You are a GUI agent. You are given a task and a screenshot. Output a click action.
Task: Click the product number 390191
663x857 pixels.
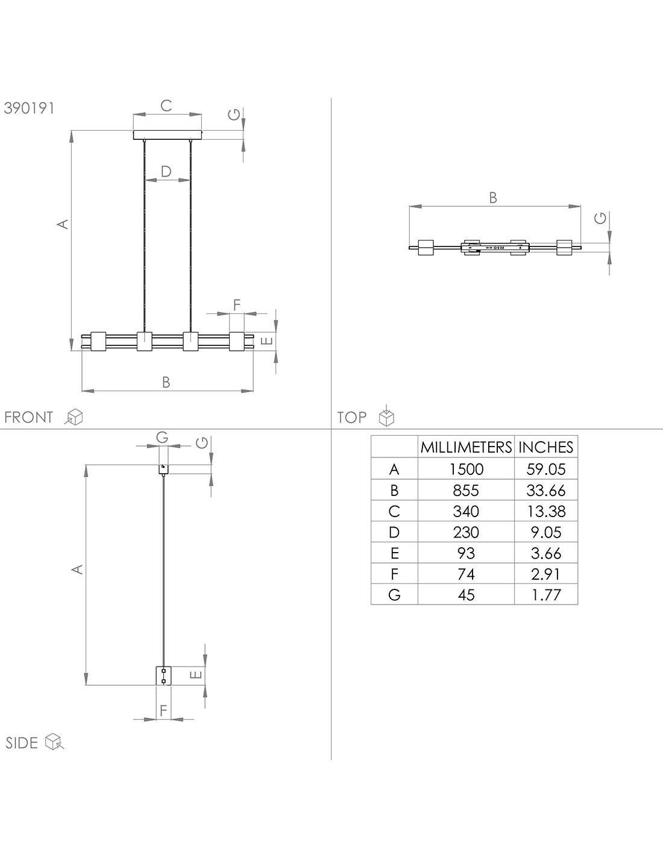(x=29, y=108)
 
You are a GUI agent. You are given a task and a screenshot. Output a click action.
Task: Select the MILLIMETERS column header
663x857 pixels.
(x=466, y=447)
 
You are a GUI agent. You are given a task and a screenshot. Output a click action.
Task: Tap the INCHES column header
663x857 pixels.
(x=546, y=447)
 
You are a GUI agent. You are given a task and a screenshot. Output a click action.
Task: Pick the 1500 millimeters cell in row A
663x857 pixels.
(x=466, y=469)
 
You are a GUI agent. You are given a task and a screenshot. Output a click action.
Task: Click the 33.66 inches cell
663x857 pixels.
(x=546, y=491)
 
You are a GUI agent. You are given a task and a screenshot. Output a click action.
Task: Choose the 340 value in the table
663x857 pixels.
(x=466, y=512)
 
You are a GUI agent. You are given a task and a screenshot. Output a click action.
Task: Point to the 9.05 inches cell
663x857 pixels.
(x=546, y=532)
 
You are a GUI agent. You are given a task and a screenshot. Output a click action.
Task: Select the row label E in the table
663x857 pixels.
(x=394, y=553)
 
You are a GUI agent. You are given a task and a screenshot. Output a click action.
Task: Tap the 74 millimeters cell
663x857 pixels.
(x=466, y=574)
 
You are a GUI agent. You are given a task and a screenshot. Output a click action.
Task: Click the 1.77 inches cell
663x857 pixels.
(x=546, y=595)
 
